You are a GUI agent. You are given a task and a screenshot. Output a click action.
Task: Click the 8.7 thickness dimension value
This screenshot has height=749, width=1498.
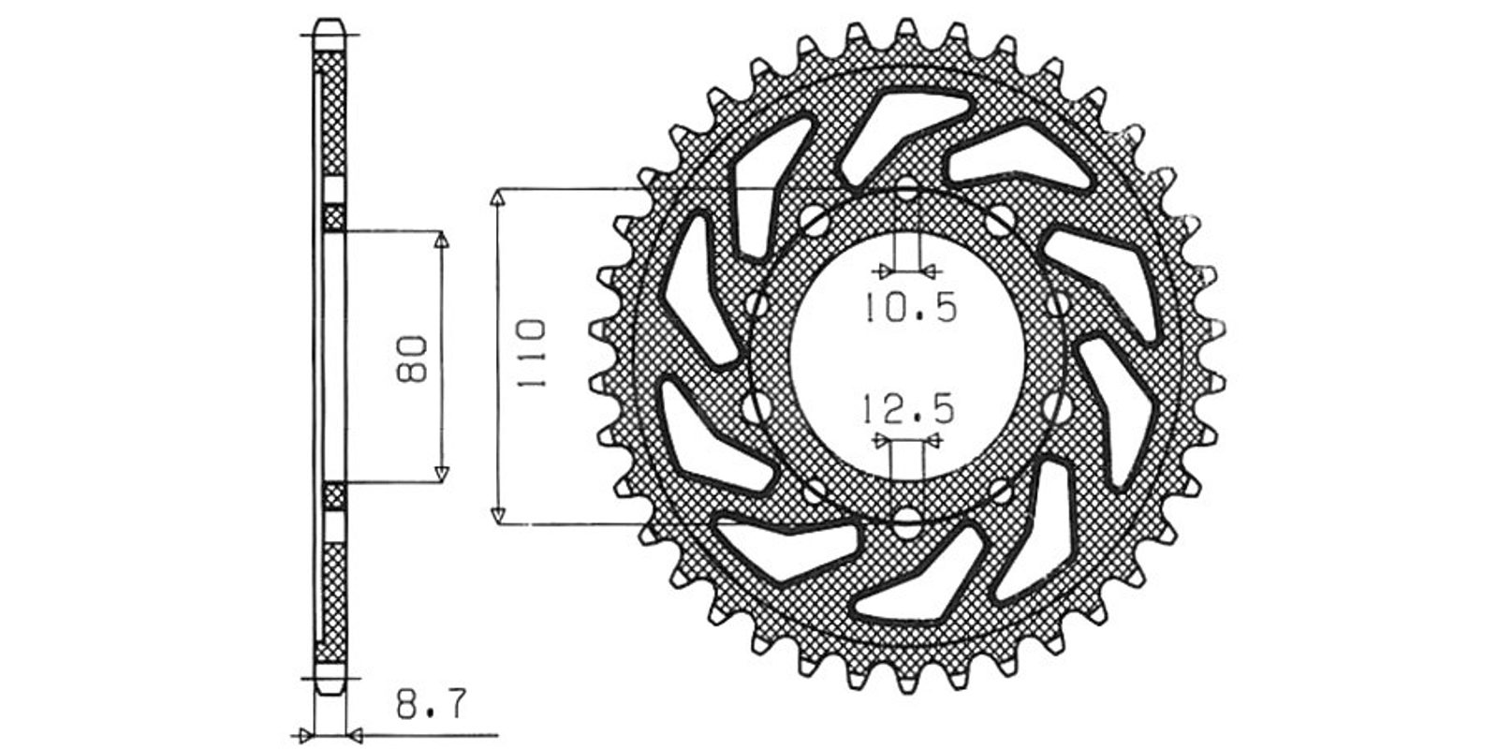tap(430, 705)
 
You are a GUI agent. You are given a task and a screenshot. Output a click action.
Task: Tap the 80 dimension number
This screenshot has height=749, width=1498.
tap(411, 360)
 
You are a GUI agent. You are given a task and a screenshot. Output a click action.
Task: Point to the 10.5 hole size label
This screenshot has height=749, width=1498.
tap(911, 308)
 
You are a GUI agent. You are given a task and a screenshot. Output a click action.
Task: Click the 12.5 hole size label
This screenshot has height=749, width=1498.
tap(907, 410)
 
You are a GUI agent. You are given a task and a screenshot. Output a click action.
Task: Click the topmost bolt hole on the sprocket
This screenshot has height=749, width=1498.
tap(907, 188)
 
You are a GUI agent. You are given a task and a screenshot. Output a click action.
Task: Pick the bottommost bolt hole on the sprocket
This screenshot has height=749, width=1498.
tap(907, 523)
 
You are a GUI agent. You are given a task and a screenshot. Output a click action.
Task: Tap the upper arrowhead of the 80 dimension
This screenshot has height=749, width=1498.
tap(441, 240)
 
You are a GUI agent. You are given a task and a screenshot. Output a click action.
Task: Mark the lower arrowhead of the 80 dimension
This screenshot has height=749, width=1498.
tap(441, 474)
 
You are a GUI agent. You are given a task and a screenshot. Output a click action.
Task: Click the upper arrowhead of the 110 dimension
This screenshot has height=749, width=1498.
tap(497, 198)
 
